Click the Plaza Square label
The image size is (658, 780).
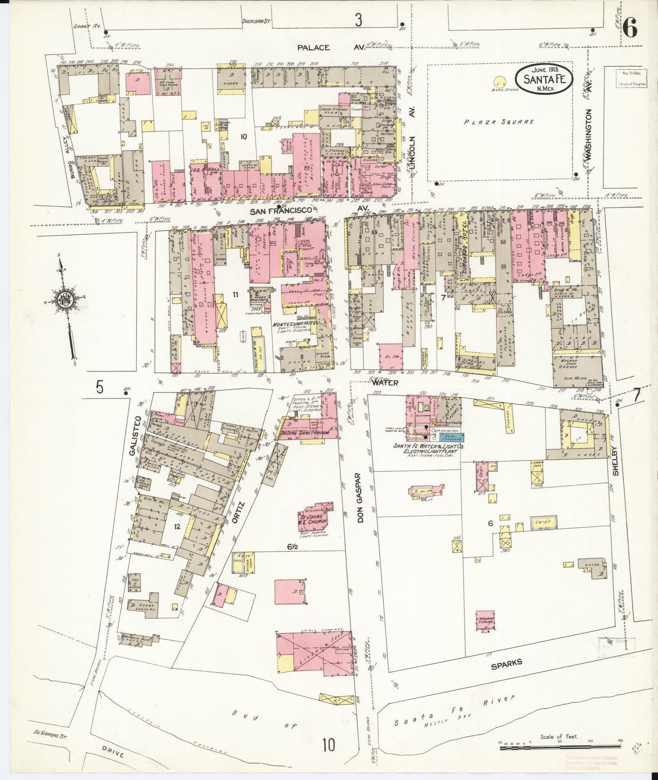(500, 122)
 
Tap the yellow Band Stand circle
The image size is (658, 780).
(500, 82)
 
